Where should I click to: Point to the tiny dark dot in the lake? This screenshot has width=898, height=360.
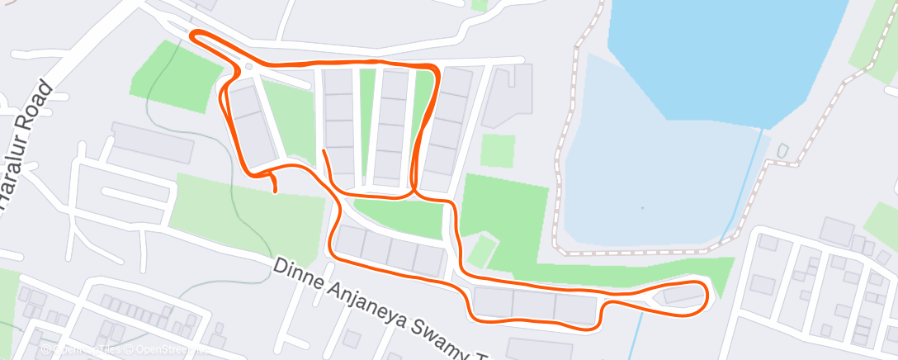[x=644, y=206]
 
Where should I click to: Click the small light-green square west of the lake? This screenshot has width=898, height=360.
[x=498, y=151]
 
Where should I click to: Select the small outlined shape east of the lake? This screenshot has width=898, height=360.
[x=782, y=151]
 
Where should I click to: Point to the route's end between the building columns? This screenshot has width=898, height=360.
[x=324, y=151]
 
